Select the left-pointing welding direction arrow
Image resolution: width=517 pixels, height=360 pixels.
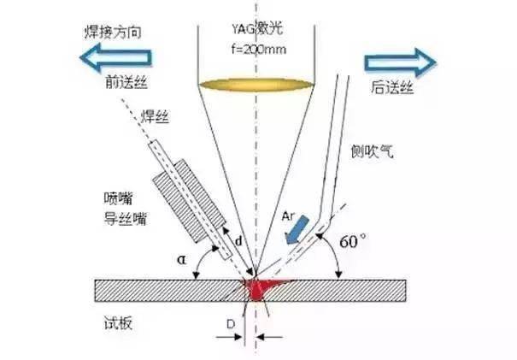tap(115, 57)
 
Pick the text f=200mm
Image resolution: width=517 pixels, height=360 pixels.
tap(255, 49)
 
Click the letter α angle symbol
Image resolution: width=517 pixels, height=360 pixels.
tap(182, 255)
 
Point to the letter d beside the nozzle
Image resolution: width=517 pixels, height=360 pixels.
tap(238, 242)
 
